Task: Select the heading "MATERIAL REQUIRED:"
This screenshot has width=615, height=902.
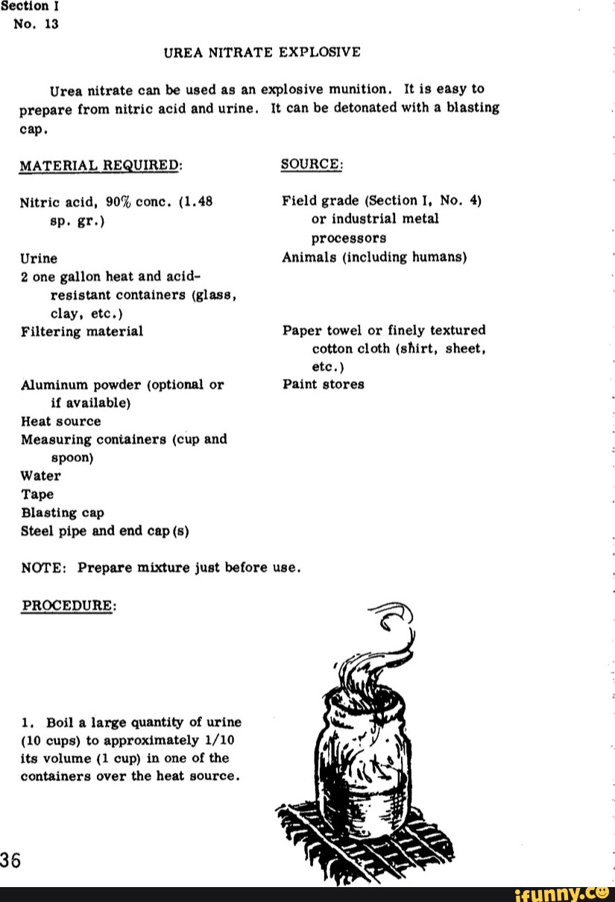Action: [101, 165]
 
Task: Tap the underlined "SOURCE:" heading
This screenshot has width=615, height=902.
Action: [312, 164]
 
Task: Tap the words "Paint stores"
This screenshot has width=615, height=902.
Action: [323, 384]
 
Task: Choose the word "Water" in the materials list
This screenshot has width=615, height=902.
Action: [41, 475]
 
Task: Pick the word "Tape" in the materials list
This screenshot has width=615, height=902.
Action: [37, 494]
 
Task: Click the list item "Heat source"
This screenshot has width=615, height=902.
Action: [61, 421]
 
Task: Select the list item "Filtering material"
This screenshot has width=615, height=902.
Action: [82, 331]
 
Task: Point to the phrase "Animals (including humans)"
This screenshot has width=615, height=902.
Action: [374, 257]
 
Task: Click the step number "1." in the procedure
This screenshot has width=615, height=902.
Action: [28, 722]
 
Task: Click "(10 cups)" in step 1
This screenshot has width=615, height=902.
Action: [52, 740]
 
